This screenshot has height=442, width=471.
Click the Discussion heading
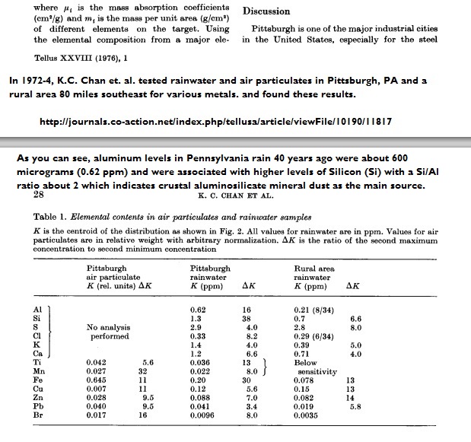pos(266,11)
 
